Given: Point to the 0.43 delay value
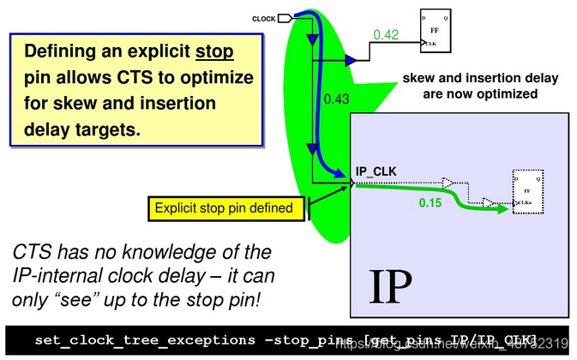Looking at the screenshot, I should (338, 99).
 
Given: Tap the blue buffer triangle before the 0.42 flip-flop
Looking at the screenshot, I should (351, 59).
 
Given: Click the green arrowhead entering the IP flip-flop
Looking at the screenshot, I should (504, 208).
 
